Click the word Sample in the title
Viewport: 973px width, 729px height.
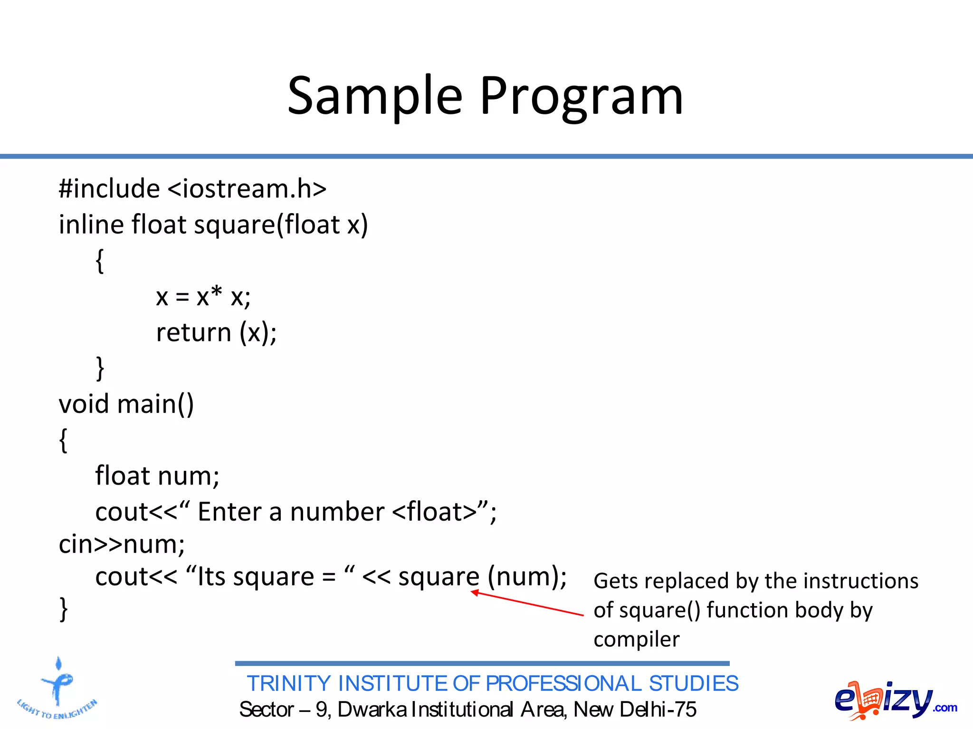coord(375,96)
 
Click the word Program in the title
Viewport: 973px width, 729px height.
coord(581,96)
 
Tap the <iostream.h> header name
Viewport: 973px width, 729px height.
coord(247,189)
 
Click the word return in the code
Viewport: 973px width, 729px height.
coord(193,332)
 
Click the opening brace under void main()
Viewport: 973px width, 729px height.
coord(63,440)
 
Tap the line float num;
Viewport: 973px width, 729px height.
coord(157,476)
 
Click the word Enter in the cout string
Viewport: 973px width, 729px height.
coord(229,512)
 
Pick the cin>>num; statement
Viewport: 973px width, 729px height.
coord(122,544)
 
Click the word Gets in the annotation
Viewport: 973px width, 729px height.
coord(614,581)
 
